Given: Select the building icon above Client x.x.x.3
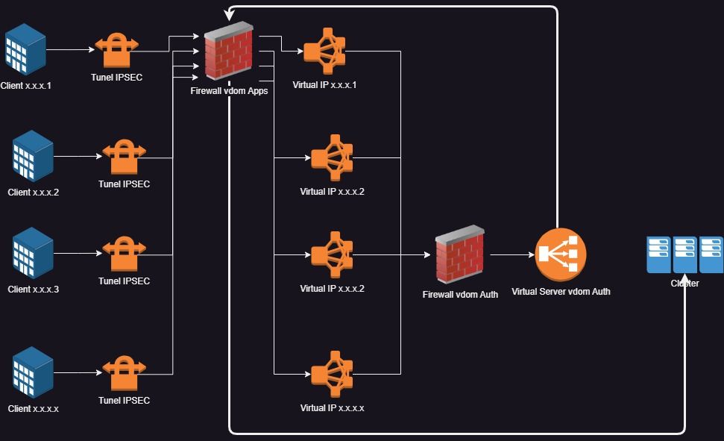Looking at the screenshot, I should pos(34,253).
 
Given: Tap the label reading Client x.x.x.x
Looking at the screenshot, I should pos(33,409).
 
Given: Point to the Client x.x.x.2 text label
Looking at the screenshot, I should pos(33,193).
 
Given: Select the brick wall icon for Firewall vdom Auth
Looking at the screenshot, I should pos(459,254).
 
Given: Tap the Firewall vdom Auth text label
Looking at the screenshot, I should pos(460,295).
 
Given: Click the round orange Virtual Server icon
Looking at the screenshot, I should pos(561,255).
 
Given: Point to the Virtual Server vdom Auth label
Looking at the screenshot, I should pos(561,292).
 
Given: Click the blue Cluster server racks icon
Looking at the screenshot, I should pos(684,254).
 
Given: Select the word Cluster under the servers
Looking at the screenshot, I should pos(684,284).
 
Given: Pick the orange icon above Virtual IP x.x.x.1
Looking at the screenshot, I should pos(324,51).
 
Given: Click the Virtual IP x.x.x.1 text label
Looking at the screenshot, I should pos(324,85).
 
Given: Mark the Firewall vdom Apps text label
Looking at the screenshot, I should pos(229,91).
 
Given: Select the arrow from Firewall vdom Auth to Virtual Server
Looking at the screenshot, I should pos(511,254).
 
